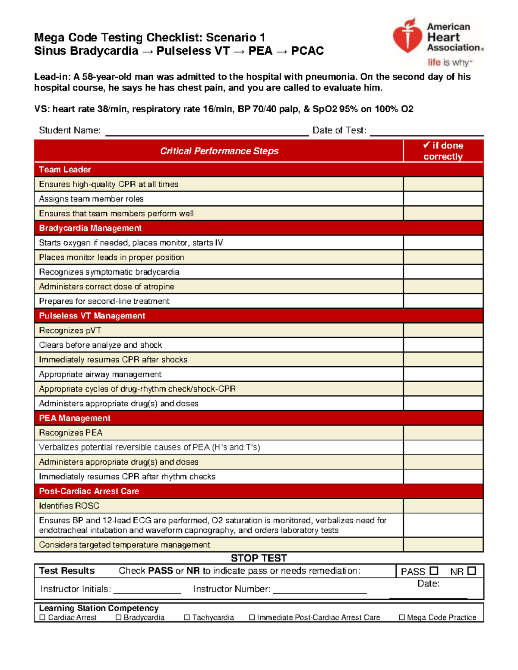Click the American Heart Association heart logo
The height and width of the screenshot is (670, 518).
(x=407, y=36)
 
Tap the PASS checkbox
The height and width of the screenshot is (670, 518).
(x=434, y=571)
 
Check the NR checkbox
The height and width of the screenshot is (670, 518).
(x=472, y=571)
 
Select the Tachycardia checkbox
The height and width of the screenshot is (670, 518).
(x=187, y=617)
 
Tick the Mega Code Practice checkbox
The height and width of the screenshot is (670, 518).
(x=402, y=617)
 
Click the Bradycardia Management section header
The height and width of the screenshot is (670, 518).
(x=90, y=228)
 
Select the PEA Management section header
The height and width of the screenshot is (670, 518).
(x=75, y=418)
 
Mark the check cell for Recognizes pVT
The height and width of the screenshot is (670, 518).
(x=443, y=330)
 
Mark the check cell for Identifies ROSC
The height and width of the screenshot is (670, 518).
(x=443, y=506)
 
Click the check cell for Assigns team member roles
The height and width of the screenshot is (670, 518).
(x=443, y=199)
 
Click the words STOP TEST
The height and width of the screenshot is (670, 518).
(x=259, y=558)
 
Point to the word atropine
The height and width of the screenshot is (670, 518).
(x=158, y=286)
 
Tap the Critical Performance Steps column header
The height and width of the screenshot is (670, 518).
(x=219, y=151)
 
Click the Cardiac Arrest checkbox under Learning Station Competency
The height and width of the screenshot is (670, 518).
(x=42, y=617)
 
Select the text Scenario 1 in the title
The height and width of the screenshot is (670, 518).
(x=235, y=38)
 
